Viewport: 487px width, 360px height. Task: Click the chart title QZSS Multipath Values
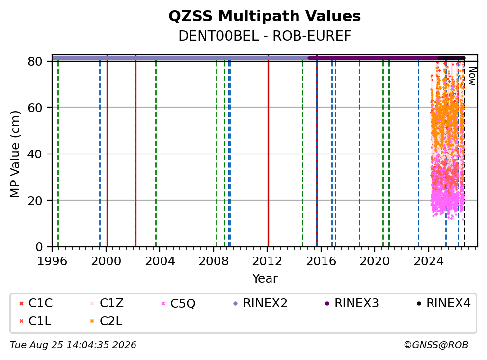[x=265, y=16]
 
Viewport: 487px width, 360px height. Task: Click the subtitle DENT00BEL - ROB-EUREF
[x=265, y=36]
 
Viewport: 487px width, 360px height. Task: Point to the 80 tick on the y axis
[x=35, y=61]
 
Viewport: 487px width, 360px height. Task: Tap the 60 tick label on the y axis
[x=35, y=108]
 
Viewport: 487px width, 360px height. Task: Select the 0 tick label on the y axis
[x=39, y=247]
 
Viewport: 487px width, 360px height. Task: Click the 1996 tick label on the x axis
[x=52, y=261]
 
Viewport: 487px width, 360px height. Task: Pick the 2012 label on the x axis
[x=267, y=261]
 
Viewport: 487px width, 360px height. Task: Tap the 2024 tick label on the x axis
[x=429, y=261]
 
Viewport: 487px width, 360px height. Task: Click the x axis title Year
[x=265, y=279]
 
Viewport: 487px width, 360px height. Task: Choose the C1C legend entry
[x=36, y=303]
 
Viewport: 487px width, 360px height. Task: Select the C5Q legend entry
[x=178, y=303]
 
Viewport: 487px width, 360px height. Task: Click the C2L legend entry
[x=106, y=321]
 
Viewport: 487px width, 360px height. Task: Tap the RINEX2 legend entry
[x=260, y=303]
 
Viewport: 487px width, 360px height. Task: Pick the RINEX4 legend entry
[x=443, y=303]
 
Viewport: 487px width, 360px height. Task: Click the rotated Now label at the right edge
[x=472, y=77]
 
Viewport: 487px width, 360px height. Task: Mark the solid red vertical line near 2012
[x=268, y=151]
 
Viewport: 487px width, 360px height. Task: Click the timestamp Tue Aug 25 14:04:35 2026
[x=73, y=345]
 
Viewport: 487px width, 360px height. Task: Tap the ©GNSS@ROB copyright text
[x=436, y=345]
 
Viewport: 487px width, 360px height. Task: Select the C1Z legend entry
[x=107, y=303]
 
